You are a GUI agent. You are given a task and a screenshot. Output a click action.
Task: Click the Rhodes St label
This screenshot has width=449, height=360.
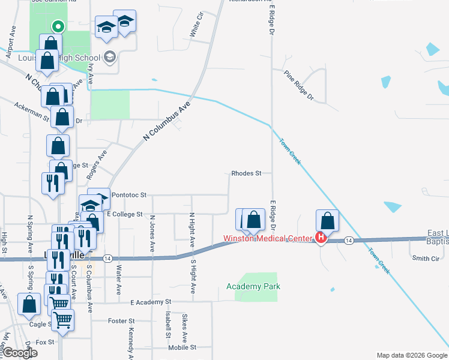[x=246, y=173]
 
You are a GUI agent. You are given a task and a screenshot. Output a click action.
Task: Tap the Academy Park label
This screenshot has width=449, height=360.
[x=253, y=287]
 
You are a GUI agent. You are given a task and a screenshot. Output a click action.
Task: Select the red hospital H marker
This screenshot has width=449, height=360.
[x=321, y=238]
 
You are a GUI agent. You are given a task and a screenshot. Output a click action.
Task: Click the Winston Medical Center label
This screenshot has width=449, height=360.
[x=267, y=238]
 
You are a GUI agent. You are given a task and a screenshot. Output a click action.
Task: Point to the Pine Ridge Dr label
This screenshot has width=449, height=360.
[x=300, y=87]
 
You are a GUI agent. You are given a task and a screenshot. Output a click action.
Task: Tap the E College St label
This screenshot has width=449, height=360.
[x=124, y=214]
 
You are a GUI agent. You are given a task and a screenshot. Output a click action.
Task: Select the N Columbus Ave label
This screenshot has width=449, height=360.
[x=166, y=121]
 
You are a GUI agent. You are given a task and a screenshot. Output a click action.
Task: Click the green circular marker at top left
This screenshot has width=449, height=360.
[x=58, y=26]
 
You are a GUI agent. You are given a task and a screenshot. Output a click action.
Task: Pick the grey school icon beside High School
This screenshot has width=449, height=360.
[x=109, y=58]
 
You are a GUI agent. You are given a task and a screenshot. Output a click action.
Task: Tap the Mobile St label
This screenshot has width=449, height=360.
[x=182, y=347]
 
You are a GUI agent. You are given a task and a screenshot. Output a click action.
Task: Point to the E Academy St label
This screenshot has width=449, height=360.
[x=151, y=302]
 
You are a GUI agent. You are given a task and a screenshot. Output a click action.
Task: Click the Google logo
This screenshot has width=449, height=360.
[x=20, y=353]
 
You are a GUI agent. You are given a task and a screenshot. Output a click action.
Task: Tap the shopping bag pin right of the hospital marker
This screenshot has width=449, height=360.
[x=328, y=220]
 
